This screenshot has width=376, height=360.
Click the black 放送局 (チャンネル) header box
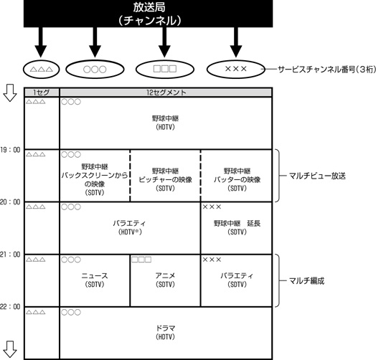coord(148,14)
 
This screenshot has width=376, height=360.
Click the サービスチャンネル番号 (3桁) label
coord(326,70)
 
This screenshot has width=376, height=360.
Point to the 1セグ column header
coord(42,93)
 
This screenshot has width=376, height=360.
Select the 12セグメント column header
coord(166,93)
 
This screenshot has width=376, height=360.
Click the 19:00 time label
coord(10,150)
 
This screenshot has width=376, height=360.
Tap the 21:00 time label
coord(10,255)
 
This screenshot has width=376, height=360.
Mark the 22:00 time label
coord(10,306)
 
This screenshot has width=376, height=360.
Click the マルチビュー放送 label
coord(317,176)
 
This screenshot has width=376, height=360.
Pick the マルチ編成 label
coord(306,280)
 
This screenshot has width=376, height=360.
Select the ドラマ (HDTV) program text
coord(166,332)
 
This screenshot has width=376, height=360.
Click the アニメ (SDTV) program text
coord(166,280)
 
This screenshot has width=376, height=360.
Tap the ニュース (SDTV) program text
coord(95,280)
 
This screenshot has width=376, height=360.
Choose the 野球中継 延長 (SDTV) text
coord(237,227)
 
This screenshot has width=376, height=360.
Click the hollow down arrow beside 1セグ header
coord(10,93)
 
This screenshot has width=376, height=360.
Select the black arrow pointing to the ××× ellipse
coord(236,42)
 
